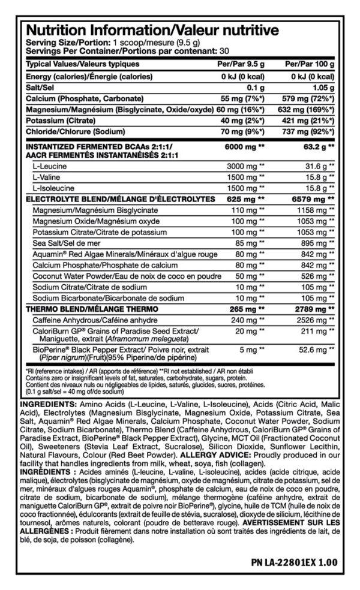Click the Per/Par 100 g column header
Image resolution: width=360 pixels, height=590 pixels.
pyautogui.click(x=309, y=64)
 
